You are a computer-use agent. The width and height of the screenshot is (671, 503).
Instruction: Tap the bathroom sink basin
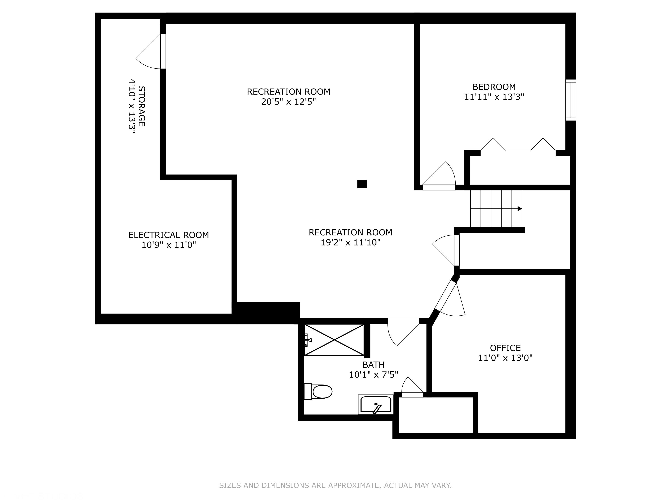(x=376, y=405)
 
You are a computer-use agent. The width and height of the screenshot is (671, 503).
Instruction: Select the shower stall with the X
(x=334, y=340)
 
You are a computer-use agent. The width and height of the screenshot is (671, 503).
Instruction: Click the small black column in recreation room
(x=362, y=184)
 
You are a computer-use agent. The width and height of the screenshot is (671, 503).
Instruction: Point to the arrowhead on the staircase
(x=520, y=209)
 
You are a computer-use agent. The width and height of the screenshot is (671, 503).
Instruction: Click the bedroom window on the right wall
(x=571, y=100)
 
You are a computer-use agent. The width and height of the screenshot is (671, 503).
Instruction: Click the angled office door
(x=449, y=299)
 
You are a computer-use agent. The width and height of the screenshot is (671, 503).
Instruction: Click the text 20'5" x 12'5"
(x=289, y=101)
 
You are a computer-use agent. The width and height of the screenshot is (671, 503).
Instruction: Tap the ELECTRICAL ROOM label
(x=169, y=235)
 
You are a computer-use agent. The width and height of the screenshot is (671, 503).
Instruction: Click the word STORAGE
(x=141, y=106)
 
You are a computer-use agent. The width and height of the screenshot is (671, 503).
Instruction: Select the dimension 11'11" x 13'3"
(x=494, y=97)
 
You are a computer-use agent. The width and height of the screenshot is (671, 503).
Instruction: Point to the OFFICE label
(x=505, y=348)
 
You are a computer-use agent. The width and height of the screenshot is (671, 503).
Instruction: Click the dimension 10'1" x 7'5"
(x=374, y=375)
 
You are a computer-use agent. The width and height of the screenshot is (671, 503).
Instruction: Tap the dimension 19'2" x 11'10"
(x=350, y=243)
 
